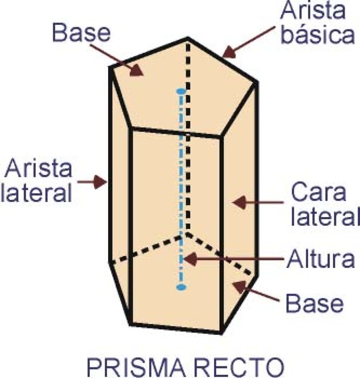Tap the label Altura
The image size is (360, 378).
321,259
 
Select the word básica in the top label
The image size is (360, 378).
318,34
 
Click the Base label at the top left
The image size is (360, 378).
81,33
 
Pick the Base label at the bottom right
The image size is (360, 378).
315,303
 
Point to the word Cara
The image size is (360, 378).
318,192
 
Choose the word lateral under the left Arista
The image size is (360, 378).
36,192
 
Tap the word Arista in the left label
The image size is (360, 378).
38,168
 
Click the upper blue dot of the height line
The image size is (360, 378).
181,91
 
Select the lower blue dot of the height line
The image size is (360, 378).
181,287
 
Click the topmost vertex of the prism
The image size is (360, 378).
188,38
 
